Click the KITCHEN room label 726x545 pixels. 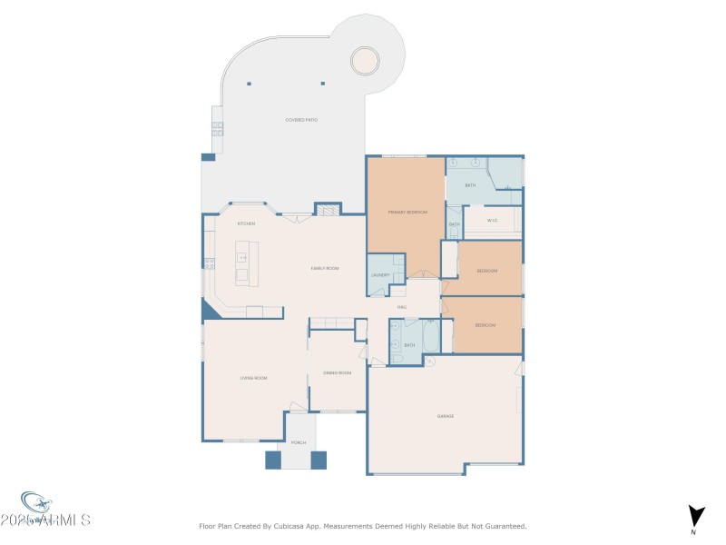[246, 223]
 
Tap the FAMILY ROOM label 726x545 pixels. [325, 268]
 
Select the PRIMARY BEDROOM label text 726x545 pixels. [407, 212]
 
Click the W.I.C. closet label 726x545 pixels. [493, 220]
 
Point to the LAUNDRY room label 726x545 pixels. [380, 275]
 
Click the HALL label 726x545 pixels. [401, 307]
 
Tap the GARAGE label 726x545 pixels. [446, 416]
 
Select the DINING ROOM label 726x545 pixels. [338, 373]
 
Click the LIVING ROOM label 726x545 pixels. [253, 378]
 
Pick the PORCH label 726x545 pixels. [298, 442]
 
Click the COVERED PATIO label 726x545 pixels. [301, 120]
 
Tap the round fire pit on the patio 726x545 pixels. [365, 60]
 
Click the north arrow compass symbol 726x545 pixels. [694, 515]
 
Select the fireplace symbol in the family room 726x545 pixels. [327, 210]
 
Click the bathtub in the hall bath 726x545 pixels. [432, 337]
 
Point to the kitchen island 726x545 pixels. [243, 263]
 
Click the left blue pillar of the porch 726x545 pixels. [273, 460]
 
